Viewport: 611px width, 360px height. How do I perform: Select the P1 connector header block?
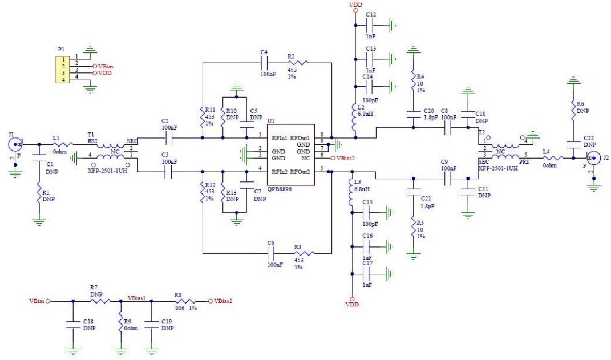pyautogui.click(x=61, y=69)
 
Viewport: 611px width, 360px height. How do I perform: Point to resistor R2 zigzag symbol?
pyautogui.click(x=298, y=63)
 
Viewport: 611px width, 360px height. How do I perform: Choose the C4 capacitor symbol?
pyautogui.click(x=264, y=63)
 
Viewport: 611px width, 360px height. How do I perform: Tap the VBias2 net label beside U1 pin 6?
pyautogui.click(x=346, y=158)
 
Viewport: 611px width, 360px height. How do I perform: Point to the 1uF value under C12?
pyautogui.click(x=370, y=36)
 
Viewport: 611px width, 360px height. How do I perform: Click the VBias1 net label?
pyautogui.click(x=137, y=297)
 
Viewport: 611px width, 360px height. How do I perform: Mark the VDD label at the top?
pyautogui.click(x=355, y=5)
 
